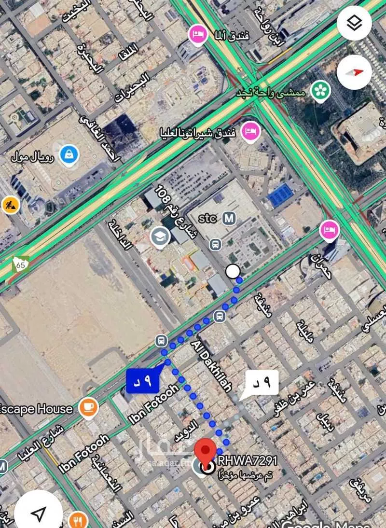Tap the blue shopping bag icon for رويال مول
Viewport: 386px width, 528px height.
coord(69,155)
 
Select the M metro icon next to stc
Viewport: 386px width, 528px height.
coord(229,218)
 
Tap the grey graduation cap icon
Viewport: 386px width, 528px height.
coord(160,236)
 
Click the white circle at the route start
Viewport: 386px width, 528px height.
coord(233,272)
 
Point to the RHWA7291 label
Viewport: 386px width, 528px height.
coord(248,461)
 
